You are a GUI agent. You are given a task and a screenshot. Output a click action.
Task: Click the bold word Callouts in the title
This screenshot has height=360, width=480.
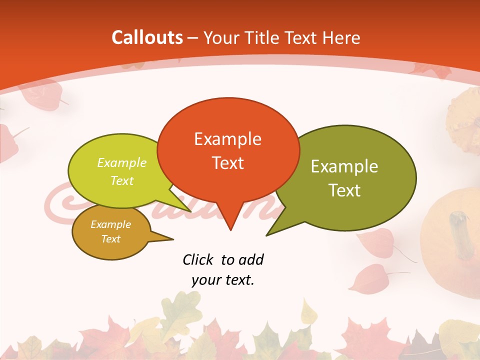tap(147, 37)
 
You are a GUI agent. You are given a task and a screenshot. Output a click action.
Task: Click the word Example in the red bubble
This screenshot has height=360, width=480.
tap(228, 139)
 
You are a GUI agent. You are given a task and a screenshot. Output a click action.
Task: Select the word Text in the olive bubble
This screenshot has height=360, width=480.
tap(344, 190)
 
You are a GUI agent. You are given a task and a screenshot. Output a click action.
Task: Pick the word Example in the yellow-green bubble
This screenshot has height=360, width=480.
tap(122, 163)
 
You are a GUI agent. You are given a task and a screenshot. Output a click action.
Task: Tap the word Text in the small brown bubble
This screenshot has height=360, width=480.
tap(111, 239)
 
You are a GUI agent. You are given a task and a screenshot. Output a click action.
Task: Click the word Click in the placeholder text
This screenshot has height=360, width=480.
tap(198, 259)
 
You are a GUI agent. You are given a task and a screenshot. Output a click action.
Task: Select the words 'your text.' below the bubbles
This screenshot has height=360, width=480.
tap(223, 280)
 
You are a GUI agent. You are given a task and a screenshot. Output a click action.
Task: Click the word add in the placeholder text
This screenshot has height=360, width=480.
tap(250, 259)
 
